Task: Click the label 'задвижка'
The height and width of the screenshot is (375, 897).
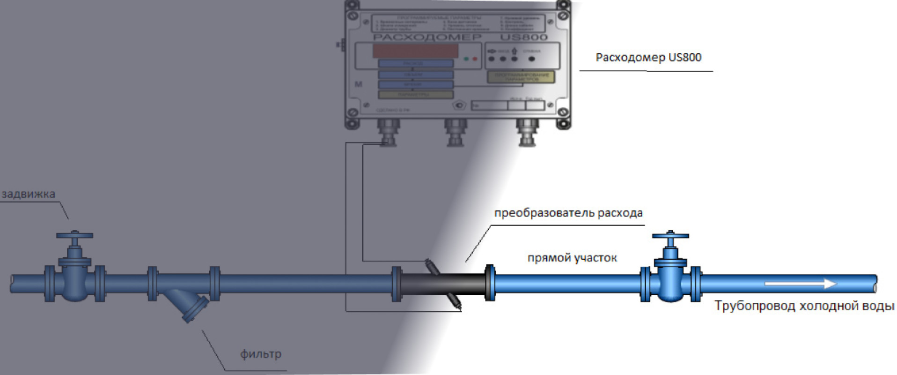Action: tap(28, 194)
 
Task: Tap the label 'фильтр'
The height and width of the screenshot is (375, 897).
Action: tap(261, 354)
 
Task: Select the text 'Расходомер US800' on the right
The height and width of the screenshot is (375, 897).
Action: tap(648, 58)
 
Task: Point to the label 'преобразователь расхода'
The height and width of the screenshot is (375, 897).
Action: tap(568, 213)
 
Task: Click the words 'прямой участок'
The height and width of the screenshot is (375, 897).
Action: tap(572, 258)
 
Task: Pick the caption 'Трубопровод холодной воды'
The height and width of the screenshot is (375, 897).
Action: tap(804, 306)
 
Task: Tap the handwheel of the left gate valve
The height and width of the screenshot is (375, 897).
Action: tap(74, 235)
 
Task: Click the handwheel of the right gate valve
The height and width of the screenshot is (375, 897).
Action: tap(670, 235)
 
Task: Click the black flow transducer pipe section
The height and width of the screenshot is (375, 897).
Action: tap(442, 284)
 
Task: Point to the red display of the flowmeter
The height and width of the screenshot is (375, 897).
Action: tap(415, 51)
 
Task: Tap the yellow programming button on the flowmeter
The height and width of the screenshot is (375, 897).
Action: tap(521, 77)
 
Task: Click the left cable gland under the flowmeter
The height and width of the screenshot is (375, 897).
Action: tap(388, 132)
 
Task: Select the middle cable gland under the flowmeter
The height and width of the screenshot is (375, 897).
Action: tap(455, 132)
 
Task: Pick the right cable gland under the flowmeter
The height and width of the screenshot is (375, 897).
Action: tap(527, 132)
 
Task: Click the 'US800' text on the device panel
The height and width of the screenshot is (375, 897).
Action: tap(523, 37)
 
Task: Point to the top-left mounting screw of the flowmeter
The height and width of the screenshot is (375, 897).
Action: tap(352, 16)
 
